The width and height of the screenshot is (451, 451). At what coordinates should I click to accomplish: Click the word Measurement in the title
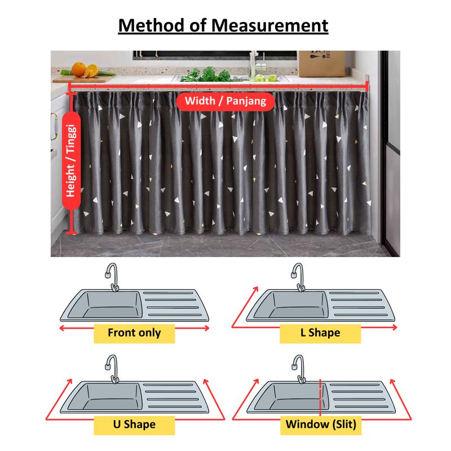pyautogui.click(x=270, y=25)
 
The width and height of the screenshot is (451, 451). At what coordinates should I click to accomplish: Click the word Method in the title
pyautogui.click(x=151, y=25)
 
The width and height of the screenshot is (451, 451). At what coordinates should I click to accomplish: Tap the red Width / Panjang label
pyautogui.click(x=225, y=101)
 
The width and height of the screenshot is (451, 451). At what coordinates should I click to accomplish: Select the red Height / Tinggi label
pyautogui.click(x=71, y=161)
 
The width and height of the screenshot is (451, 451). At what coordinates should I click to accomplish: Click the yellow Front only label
pyautogui.click(x=134, y=333)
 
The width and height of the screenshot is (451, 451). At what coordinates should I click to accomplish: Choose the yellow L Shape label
pyautogui.click(x=320, y=333)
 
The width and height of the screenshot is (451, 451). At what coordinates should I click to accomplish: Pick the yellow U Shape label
pyautogui.click(x=134, y=425)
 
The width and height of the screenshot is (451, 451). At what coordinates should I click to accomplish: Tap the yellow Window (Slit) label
pyautogui.click(x=321, y=425)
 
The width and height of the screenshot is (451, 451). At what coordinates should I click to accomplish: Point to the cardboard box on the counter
pyautogui.click(x=321, y=64)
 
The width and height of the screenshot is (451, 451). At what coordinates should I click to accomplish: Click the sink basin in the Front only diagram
pyautogui.click(x=113, y=305)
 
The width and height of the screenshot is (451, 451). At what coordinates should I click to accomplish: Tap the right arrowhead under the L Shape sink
pyautogui.click(x=395, y=328)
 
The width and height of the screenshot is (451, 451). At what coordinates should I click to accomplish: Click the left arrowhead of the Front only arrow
pyautogui.click(x=61, y=328)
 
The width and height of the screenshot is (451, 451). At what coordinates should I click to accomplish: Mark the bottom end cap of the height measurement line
pyautogui.click(x=72, y=232)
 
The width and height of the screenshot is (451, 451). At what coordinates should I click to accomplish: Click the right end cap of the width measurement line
pyautogui.click(x=367, y=86)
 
